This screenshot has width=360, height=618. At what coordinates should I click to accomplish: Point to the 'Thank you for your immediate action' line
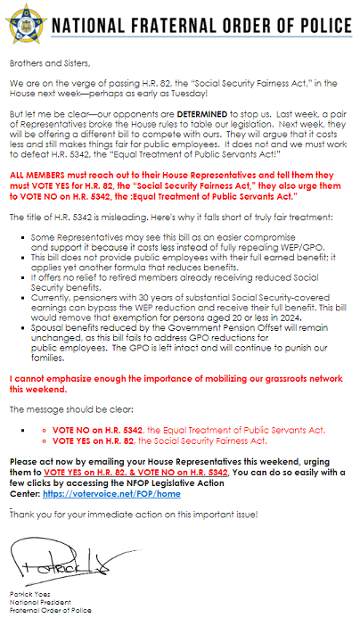(x=134, y=515)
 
